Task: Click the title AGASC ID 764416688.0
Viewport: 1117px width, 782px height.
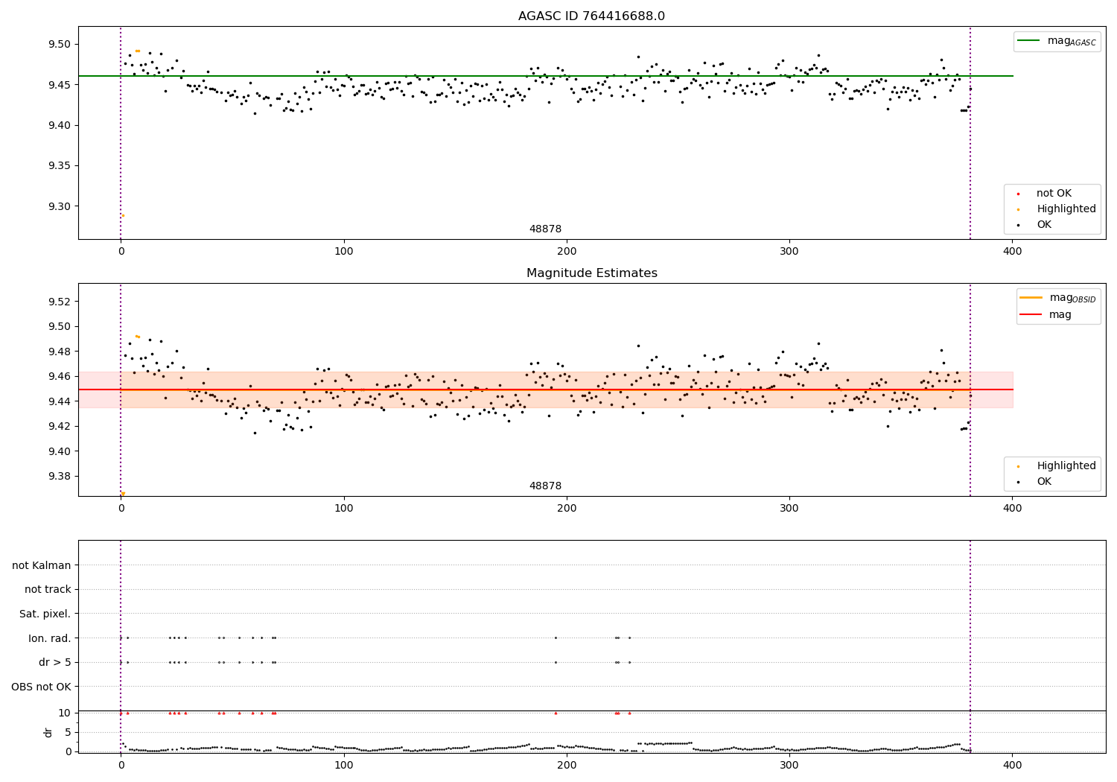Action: point(591,16)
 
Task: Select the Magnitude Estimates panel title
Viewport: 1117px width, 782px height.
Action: point(591,273)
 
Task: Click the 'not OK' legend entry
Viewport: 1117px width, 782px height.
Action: point(1053,194)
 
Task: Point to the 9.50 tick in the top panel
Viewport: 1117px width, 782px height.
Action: point(59,44)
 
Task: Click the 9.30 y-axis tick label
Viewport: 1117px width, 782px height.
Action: point(59,206)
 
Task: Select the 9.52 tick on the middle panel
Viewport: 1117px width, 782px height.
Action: point(59,302)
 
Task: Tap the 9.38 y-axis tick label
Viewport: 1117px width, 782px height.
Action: point(59,476)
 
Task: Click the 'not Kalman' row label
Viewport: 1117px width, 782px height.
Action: point(42,565)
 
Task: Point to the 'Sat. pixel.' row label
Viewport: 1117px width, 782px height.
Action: point(45,614)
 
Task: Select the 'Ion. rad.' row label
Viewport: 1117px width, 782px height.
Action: point(49,638)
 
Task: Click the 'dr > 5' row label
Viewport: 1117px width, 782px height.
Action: point(54,662)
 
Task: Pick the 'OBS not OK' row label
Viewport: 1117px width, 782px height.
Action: point(41,687)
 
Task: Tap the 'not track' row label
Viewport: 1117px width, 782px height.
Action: point(48,589)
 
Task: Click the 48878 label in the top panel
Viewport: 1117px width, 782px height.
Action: point(545,229)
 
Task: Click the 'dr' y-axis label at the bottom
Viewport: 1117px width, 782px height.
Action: point(48,732)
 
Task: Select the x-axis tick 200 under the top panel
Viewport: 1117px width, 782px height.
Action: point(567,252)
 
